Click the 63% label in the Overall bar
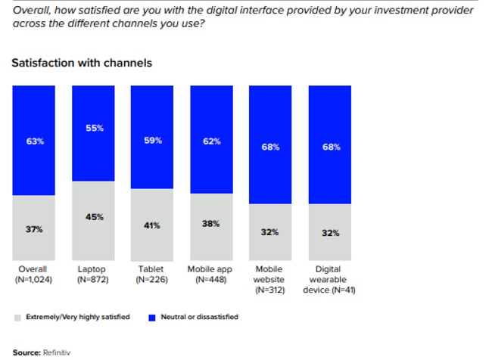tap(35, 141)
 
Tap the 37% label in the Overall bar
tap(35, 229)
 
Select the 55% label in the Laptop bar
tap(94, 128)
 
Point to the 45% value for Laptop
tap(94, 217)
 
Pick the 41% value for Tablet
tap(153, 225)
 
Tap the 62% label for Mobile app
tap(212, 141)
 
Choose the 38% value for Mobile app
tap(212, 223)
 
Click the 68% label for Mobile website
tap(271, 147)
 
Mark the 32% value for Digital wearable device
tap(330, 233)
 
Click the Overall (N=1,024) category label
tap(35, 274)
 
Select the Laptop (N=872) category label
tap(94, 274)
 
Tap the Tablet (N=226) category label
tap(153, 274)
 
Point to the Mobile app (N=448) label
tap(212, 274)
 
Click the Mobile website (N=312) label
tap(271, 278)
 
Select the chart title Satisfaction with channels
tap(82, 63)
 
